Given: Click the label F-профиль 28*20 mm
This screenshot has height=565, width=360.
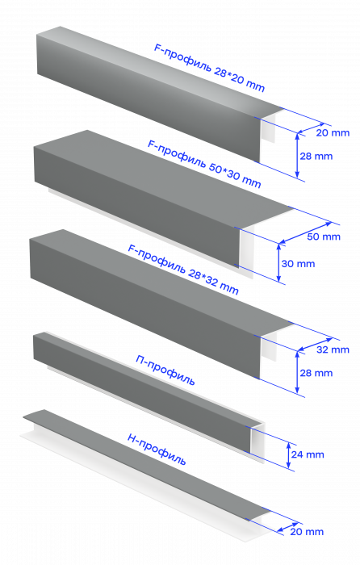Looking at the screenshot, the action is point(209,67).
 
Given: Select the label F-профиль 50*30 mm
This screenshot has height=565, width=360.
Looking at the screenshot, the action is point(204,164).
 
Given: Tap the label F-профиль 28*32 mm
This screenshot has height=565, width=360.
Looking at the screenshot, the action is point(183,269).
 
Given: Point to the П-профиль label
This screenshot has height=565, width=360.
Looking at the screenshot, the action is point(165,370).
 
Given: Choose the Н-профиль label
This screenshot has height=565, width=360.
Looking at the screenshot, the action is point(157,450).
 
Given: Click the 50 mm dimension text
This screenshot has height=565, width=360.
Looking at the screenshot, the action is point(324,236).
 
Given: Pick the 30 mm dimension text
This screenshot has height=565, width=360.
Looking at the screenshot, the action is point(298,264).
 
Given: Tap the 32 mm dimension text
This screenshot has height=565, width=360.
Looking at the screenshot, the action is point(333,349).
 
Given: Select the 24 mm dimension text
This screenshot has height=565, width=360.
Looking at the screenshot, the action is point(308,454).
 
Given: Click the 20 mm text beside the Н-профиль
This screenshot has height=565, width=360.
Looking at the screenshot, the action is point(307,532).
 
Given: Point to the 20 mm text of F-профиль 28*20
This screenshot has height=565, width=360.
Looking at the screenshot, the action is point(333,133).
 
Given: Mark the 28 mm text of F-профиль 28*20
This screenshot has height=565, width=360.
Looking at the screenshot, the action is point(316,157).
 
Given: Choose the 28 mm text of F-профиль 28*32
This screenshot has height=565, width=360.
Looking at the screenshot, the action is point(316,373).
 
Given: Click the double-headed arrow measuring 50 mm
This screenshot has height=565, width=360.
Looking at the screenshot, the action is point(306,232).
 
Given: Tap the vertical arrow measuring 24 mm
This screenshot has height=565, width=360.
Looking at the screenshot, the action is point(289,455).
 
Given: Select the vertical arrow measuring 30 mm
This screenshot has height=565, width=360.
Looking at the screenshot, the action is point(278,262).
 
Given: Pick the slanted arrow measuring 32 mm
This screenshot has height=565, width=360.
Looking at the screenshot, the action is point(315,344).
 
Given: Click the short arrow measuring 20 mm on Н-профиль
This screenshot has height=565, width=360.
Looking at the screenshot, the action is point(287,527).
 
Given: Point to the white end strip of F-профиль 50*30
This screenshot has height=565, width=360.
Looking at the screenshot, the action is point(247,250).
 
